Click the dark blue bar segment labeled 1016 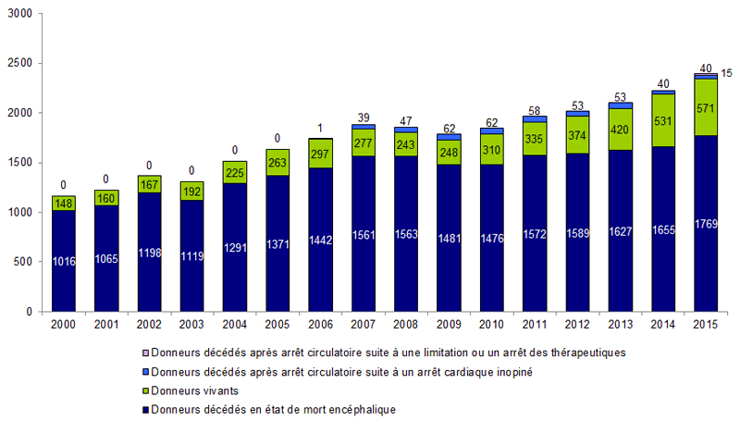click(64, 261)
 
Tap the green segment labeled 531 click(663, 119)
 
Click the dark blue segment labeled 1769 click(706, 223)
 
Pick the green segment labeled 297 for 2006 click(320, 154)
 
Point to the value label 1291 click(235, 248)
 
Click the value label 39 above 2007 click(364, 118)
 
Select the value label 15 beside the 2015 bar click(728, 73)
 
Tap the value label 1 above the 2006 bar click(320, 129)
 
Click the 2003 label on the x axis click(192, 325)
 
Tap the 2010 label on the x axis click(491, 325)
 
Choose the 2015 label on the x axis click(706, 325)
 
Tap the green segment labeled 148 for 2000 click(64, 204)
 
